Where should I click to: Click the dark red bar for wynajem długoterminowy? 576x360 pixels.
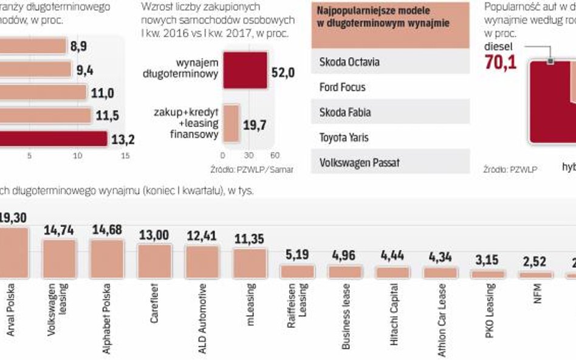tap(245, 70)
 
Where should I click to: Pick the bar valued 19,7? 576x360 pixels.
tap(231, 123)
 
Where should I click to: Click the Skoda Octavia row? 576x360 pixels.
tap(390, 62)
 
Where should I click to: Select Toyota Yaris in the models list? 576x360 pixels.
tap(390, 138)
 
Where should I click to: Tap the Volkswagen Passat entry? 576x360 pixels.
tap(390, 163)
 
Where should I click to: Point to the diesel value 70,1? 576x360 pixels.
tap(500, 61)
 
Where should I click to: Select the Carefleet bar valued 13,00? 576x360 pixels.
tap(154, 261)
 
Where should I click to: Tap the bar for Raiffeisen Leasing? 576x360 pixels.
tap(298, 271)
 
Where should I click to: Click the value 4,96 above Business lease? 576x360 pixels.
tap(345, 256)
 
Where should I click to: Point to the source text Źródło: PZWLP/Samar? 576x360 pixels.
tap(252, 169)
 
